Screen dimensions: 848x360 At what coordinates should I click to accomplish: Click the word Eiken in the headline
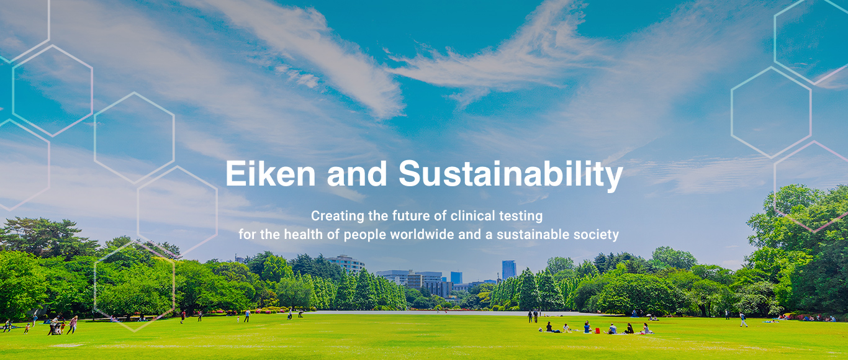point(270,173)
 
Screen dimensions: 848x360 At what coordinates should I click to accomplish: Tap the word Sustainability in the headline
point(511,175)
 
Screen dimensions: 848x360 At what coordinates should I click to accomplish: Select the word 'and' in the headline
point(357,173)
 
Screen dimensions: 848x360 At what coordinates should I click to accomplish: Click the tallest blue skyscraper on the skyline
point(509,269)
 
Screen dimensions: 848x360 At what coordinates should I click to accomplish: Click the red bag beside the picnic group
point(597,330)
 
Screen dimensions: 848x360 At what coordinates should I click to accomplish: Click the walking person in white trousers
point(743,320)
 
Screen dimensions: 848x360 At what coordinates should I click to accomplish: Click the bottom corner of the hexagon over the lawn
point(134,331)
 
